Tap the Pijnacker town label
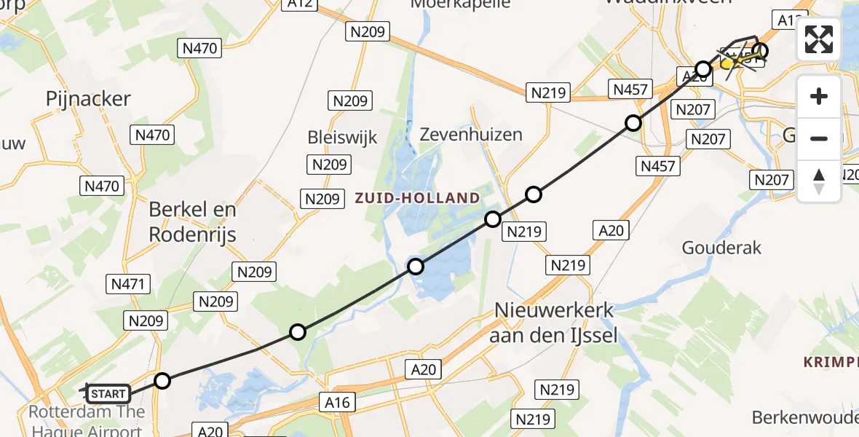click(88, 99)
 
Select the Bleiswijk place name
click(343, 137)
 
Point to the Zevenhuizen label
click(472, 135)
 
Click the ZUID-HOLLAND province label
click(417, 198)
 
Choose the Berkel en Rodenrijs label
click(192, 221)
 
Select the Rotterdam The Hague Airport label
click(86, 420)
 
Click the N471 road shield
click(128, 284)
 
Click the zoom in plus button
click(819, 97)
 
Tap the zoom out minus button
click(819, 138)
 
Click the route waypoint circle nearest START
click(162, 381)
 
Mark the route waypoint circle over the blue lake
click(416, 267)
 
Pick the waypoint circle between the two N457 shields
click(633, 123)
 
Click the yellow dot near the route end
click(727, 64)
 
